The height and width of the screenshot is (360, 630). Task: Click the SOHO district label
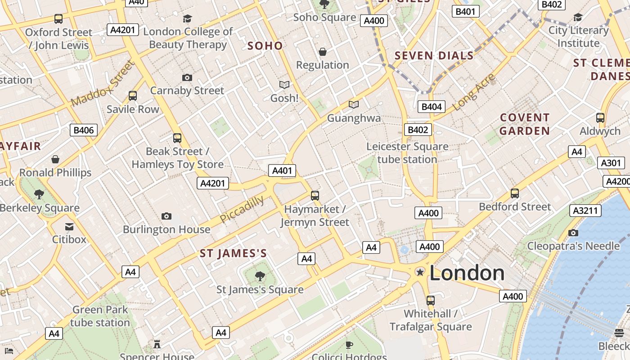(265, 45)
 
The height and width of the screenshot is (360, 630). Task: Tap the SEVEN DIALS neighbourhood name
(434, 56)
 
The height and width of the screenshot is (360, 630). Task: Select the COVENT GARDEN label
(525, 124)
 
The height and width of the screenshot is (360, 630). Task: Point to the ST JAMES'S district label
(233, 253)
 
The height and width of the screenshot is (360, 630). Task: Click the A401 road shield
(283, 171)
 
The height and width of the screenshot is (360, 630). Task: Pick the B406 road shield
(84, 130)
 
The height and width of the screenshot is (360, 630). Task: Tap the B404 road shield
(432, 107)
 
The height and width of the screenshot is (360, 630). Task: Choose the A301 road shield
(611, 163)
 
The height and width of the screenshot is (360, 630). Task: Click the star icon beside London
(420, 272)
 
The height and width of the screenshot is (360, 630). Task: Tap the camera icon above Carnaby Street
(187, 77)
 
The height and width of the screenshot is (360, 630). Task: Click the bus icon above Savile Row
(132, 96)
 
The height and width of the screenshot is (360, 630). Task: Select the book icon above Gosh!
(284, 85)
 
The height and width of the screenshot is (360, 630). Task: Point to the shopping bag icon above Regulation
(322, 52)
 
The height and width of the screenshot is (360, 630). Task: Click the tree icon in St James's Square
(260, 276)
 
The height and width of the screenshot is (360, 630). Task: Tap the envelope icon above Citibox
(69, 226)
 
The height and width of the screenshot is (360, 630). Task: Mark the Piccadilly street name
(242, 209)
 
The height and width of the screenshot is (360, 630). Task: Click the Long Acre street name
(473, 93)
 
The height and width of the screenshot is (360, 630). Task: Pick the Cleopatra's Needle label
(573, 246)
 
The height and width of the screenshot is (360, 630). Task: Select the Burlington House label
(166, 229)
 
